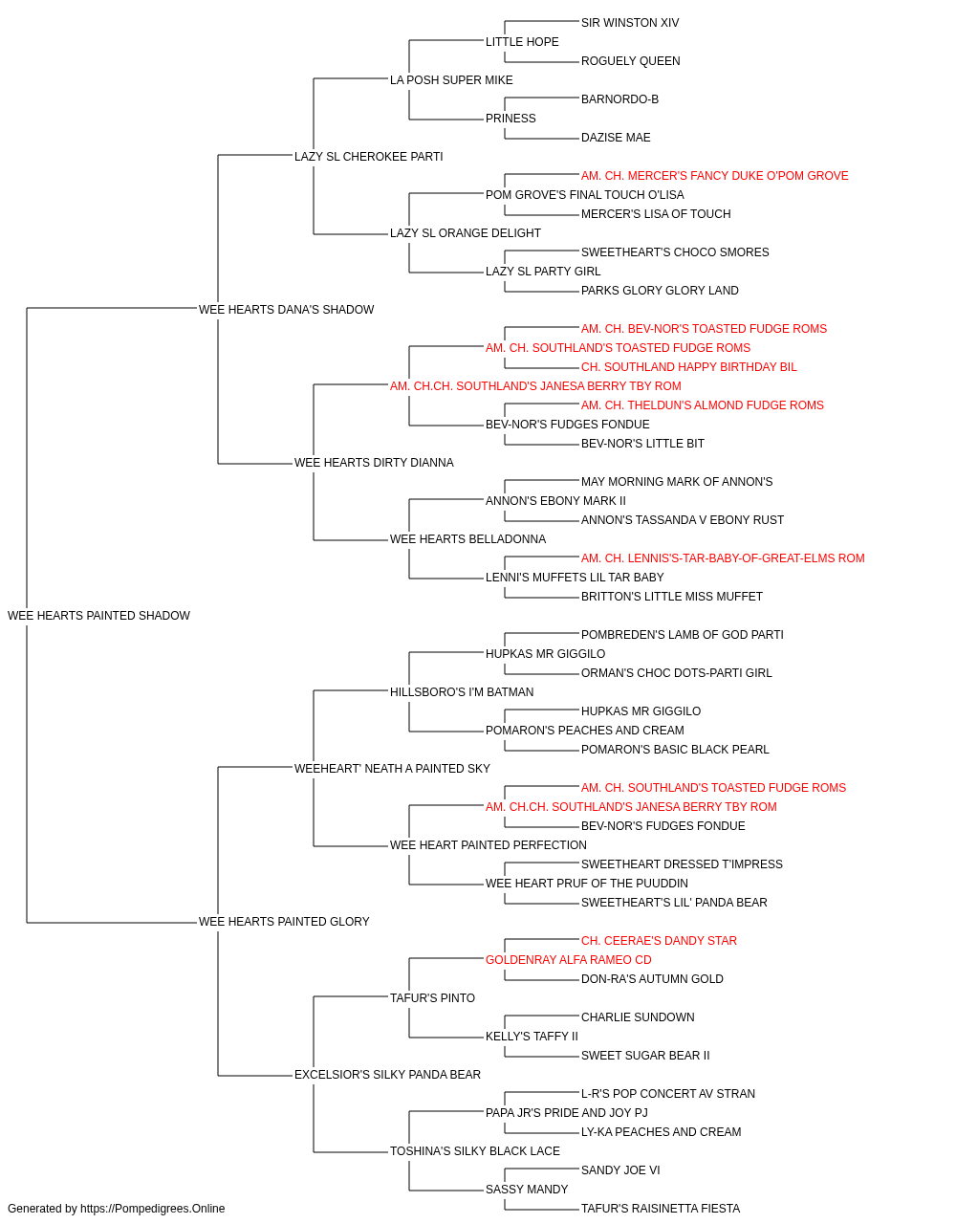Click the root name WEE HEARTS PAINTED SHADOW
[x=98, y=616]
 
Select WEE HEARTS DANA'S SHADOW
[x=286, y=310]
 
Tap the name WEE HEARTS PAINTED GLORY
[x=284, y=922]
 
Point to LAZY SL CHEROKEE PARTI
[x=368, y=157]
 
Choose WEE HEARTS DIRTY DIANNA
[x=374, y=463]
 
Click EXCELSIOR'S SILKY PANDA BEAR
[x=387, y=1075]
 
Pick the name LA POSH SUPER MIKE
[x=451, y=80]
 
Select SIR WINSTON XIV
[x=630, y=23]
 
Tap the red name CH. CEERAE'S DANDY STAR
[x=659, y=941]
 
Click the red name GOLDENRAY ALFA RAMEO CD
[x=568, y=960]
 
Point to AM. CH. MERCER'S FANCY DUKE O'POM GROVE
[x=714, y=176]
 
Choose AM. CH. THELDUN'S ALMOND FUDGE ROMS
[x=702, y=405]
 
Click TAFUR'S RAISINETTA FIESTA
[x=661, y=1209]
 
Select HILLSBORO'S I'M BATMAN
[x=462, y=692]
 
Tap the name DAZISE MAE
[x=616, y=138]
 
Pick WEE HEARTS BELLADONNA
[x=467, y=539]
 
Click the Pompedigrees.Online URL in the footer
[x=153, y=1209]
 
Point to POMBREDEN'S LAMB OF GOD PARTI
[x=682, y=635]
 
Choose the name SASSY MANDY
[x=527, y=1189]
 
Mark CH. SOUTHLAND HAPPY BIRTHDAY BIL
[x=688, y=366]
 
